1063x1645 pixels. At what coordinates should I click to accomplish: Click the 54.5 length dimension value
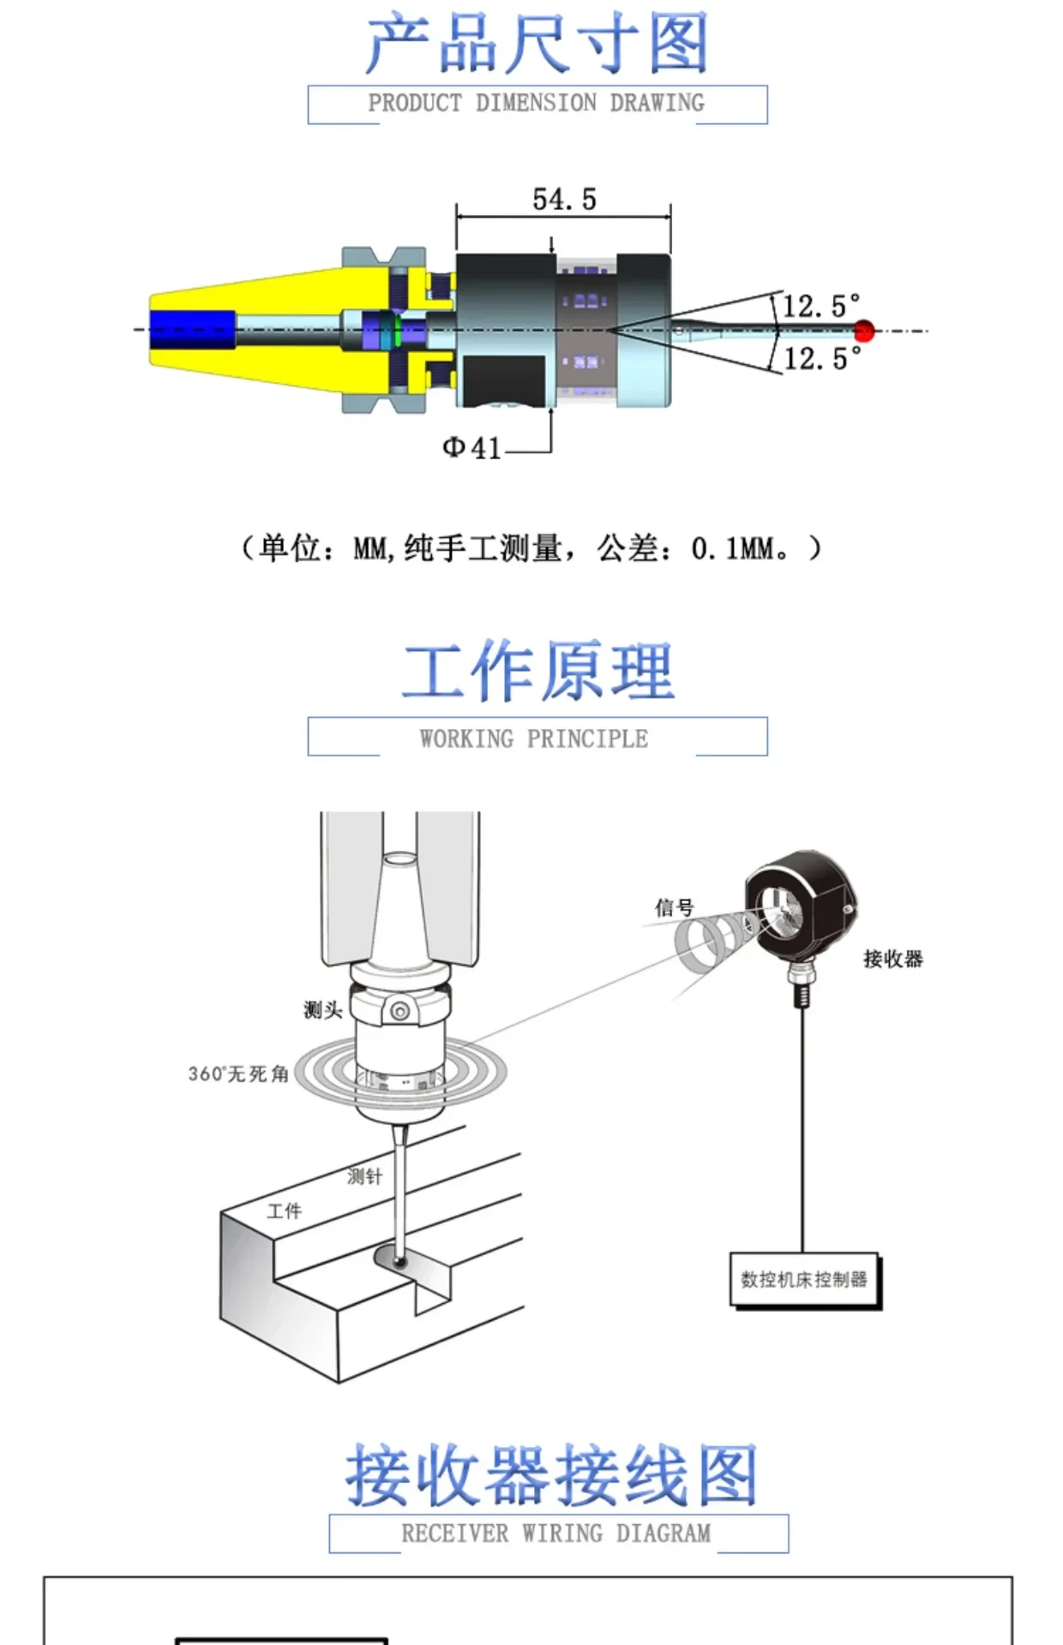564,199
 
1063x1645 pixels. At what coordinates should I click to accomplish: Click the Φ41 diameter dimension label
471,447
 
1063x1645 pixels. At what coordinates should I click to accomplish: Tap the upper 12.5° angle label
821,306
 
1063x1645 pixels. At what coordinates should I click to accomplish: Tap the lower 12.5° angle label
822,358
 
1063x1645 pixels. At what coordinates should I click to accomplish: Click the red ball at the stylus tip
864,331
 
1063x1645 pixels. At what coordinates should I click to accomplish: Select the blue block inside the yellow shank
192,330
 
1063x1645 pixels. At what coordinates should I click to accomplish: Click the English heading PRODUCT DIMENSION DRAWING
537,103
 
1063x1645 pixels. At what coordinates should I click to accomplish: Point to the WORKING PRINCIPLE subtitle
534,739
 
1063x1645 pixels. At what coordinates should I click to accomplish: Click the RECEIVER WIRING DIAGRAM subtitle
556,1533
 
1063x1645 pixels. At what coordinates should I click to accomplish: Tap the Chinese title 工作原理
538,671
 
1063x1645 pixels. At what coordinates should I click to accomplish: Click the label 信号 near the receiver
674,907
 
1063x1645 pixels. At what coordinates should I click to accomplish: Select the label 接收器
893,959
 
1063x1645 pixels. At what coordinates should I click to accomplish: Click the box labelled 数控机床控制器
805,1280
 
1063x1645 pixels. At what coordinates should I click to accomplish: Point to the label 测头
323,1010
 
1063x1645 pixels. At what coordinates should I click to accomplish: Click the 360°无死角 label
238,1074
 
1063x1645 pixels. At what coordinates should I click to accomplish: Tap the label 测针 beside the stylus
365,1176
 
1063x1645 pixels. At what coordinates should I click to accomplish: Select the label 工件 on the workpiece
285,1211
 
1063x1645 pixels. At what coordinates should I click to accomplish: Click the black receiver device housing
802,910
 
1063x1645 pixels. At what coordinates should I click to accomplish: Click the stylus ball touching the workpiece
399,1260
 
